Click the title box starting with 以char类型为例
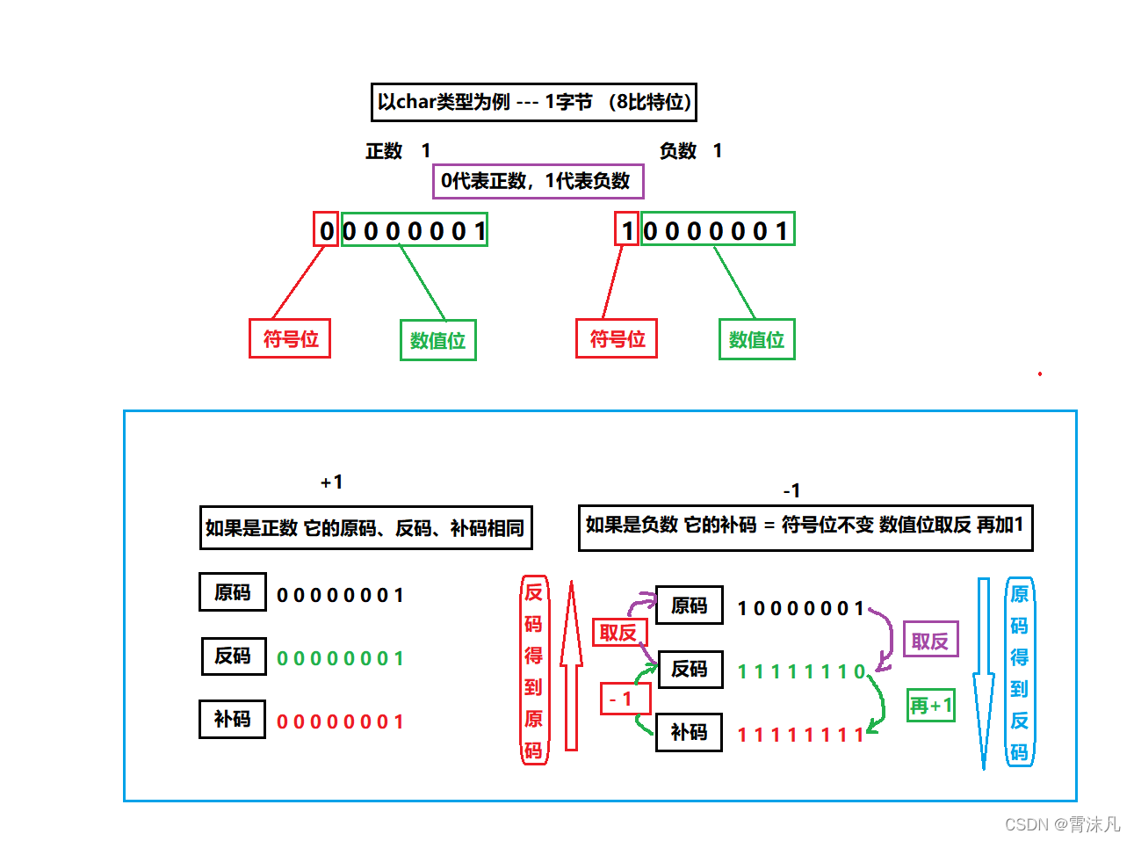click(x=533, y=102)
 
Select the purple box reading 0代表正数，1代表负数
click(x=538, y=181)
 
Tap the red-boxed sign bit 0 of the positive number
click(x=326, y=230)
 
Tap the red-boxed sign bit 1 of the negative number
click(x=626, y=230)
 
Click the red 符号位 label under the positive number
click(x=290, y=338)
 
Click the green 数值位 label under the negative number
click(x=756, y=340)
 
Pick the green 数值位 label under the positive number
click(x=437, y=340)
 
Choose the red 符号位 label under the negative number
click(x=617, y=338)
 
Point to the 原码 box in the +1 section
click(x=232, y=592)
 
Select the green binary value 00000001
click(x=340, y=658)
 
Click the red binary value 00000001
click(x=340, y=721)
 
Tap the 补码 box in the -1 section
click(x=689, y=732)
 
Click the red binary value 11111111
click(x=800, y=735)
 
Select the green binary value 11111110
click(x=801, y=672)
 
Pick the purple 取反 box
click(x=930, y=641)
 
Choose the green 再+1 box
click(x=930, y=705)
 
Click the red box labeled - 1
click(x=625, y=699)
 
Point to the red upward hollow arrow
click(x=571, y=668)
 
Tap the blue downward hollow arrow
click(x=984, y=672)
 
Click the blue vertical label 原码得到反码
click(x=1019, y=672)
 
